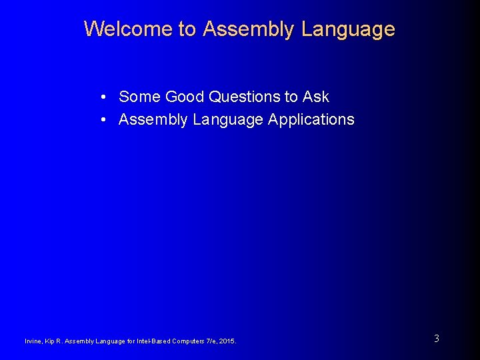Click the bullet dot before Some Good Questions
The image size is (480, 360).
tap(105, 97)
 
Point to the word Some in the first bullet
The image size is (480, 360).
tap(139, 97)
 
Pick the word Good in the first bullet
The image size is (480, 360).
tap(185, 97)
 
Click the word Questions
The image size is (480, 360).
tap(245, 97)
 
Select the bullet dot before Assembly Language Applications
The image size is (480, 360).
tap(105, 120)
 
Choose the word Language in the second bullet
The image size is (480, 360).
tap(224, 120)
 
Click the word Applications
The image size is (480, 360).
tap(311, 120)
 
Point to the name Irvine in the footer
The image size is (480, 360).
tap(33, 341)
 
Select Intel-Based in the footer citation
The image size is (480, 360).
tap(153, 341)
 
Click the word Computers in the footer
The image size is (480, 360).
tap(190, 341)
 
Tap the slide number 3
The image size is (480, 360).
tap(437, 339)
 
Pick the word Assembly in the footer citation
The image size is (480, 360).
tap(80, 341)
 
